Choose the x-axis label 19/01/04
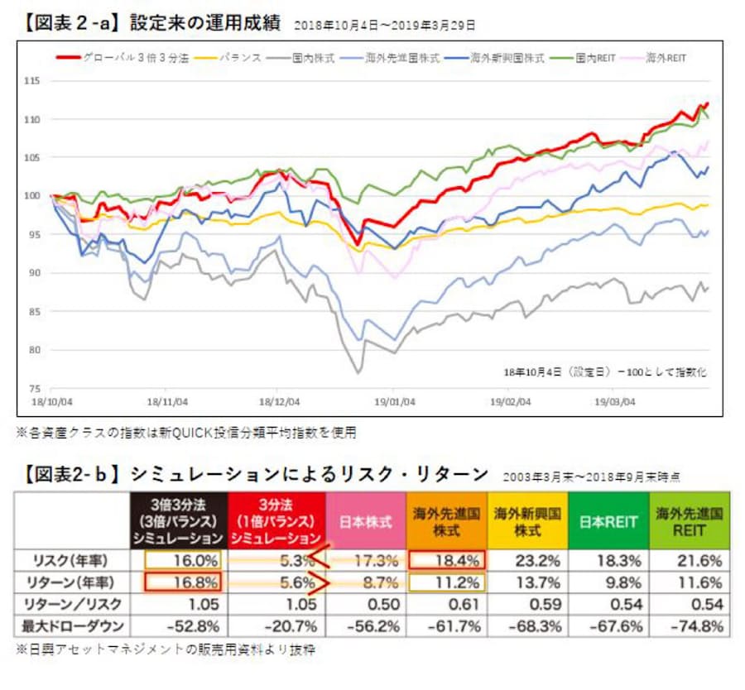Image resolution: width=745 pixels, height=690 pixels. [x=392, y=403]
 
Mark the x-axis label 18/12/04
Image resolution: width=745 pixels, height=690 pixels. [x=281, y=403]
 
